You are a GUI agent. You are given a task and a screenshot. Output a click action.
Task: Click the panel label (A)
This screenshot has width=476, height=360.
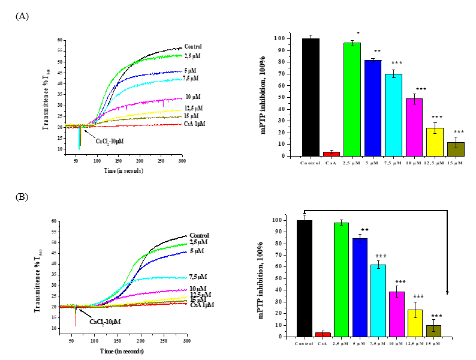pyautogui.click(x=22, y=16)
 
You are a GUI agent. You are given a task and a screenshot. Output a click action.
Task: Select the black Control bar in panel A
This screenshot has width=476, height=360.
pyautogui.click(x=311, y=97)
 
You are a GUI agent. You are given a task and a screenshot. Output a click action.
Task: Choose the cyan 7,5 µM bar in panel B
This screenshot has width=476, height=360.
pyautogui.click(x=378, y=301)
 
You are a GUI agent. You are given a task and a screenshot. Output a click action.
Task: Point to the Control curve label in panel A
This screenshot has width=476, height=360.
pyautogui.click(x=193, y=46)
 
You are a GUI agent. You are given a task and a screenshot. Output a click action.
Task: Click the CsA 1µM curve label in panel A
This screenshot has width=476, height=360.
pyautogui.click(x=195, y=124)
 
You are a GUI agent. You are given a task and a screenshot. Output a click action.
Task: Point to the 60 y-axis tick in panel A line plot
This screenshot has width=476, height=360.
pyautogui.click(x=60, y=40)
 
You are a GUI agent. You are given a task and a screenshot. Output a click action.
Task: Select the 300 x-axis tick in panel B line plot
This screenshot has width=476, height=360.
pyautogui.click(x=186, y=341)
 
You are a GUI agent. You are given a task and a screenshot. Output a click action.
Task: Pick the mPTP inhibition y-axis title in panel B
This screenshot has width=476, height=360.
pyautogui.click(x=262, y=278)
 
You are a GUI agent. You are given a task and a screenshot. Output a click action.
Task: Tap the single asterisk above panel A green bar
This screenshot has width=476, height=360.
pyautogui.click(x=358, y=34)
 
